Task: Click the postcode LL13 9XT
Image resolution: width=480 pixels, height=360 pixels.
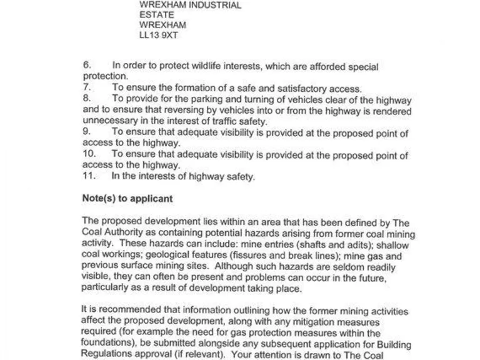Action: (159, 36)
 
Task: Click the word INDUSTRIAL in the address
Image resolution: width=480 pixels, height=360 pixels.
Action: (211, 5)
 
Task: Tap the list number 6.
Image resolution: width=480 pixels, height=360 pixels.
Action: (86, 66)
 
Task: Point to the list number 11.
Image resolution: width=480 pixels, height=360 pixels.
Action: (89, 176)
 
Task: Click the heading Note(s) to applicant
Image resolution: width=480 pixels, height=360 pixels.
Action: (127, 198)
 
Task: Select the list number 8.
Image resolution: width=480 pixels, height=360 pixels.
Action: (86, 99)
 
